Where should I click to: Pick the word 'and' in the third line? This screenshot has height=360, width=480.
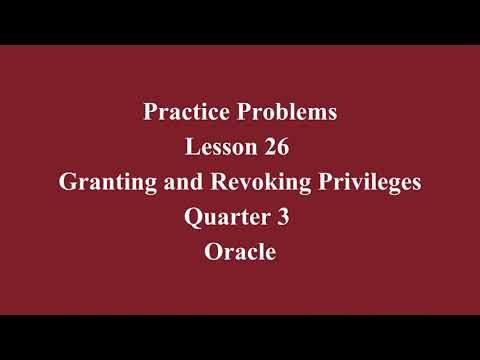point(192,183)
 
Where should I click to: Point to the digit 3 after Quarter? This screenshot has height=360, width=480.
point(284,218)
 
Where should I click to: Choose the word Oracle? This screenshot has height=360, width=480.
point(240,253)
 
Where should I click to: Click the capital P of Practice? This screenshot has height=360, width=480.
point(149,113)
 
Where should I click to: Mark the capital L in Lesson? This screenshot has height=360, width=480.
point(191,148)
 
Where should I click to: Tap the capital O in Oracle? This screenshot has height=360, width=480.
point(212,253)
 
